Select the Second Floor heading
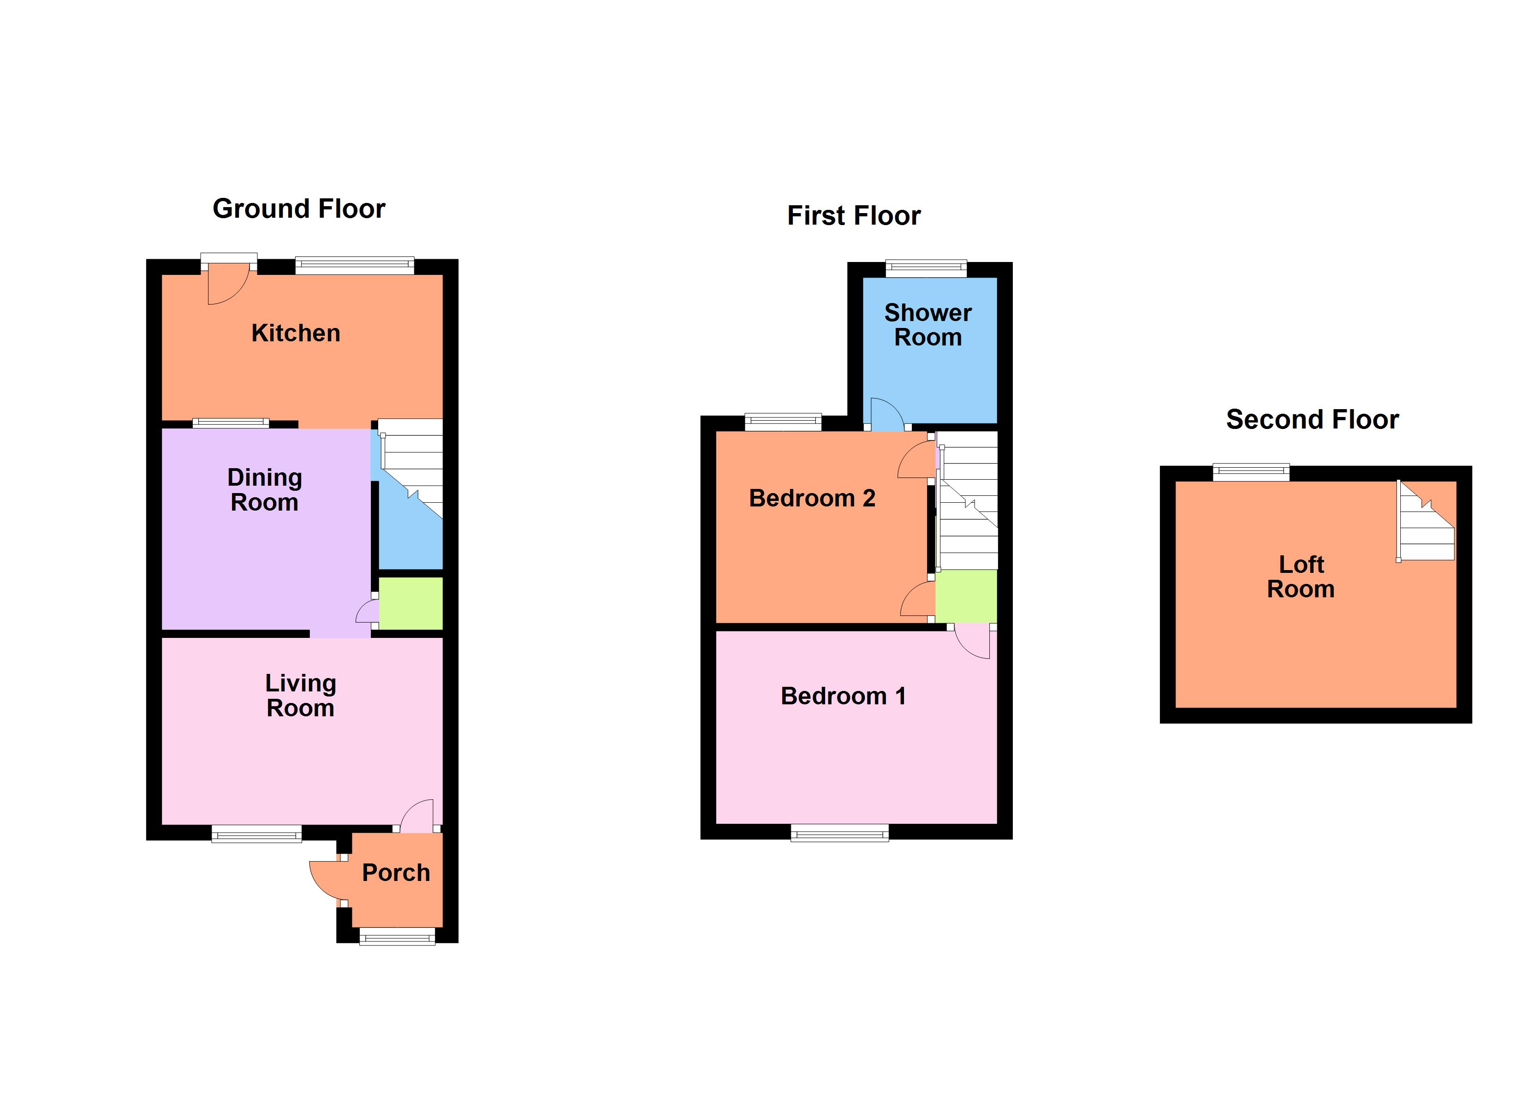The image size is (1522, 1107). click(1312, 420)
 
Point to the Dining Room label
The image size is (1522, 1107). click(264, 489)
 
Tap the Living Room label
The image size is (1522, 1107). click(300, 696)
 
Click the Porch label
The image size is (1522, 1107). click(396, 873)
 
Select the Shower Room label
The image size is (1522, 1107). click(927, 325)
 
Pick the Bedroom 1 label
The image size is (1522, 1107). click(843, 696)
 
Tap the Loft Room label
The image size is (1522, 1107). click(1301, 577)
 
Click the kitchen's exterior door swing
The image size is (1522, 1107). click(227, 286)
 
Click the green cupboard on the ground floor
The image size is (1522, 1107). click(410, 603)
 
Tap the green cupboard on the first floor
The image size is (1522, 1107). click(966, 596)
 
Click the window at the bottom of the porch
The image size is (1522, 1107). click(397, 936)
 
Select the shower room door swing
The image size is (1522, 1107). click(886, 415)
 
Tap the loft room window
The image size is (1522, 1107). click(1250, 473)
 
